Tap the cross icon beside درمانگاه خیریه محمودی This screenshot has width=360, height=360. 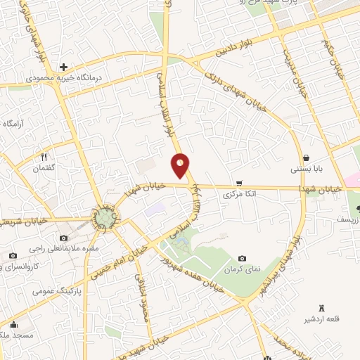[x=63, y=67]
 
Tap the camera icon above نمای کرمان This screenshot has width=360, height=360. [x=243, y=259]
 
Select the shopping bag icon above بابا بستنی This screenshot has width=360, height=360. [x=307, y=157]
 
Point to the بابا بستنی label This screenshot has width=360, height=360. [x=307, y=169]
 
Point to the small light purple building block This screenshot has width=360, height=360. [x=156, y=210]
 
